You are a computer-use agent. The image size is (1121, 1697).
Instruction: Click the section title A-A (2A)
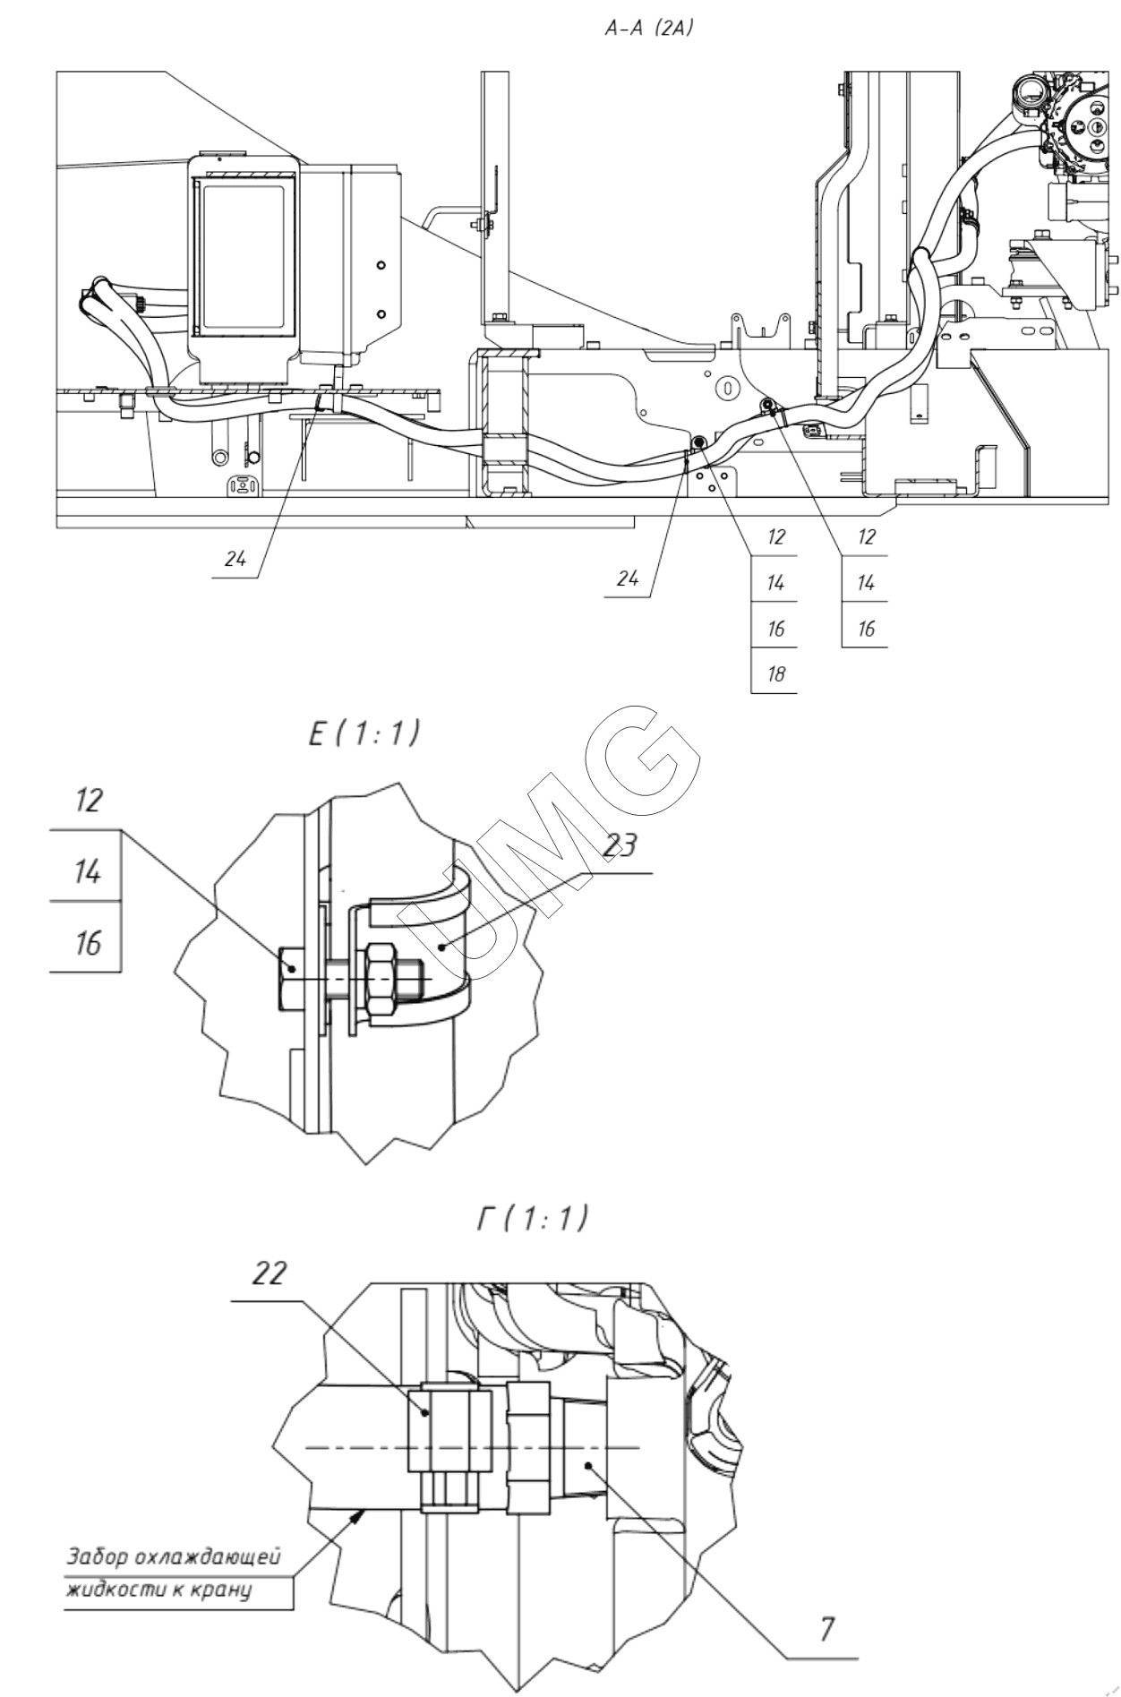click(x=651, y=29)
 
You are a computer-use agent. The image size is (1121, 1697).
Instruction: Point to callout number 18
click(x=776, y=673)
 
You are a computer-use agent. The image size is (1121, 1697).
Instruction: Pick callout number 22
click(x=268, y=1275)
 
